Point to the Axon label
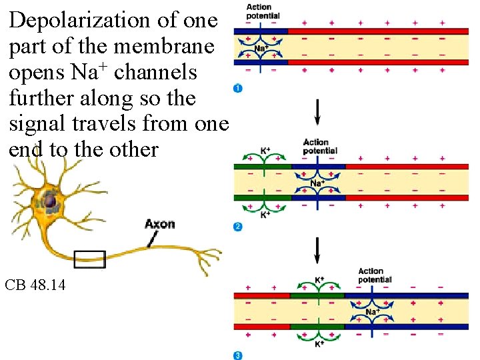[x=159, y=223]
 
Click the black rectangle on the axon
[x=89, y=259]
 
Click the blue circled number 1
[x=238, y=89]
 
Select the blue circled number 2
[x=238, y=227]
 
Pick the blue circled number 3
[x=238, y=355]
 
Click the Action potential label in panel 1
[x=263, y=11]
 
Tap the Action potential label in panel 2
[x=320, y=147]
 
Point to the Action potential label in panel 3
[x=375, y=275]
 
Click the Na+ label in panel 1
[x=262, y=48]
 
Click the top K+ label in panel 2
[x=265, y=151]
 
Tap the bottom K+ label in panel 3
[x=319, y=344]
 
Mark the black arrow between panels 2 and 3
[x=317, y=250]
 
